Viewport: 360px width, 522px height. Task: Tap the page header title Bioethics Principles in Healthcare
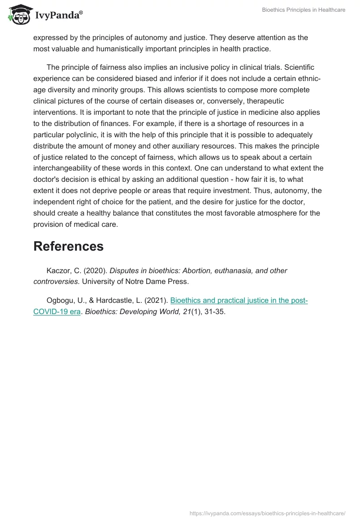(304, 10)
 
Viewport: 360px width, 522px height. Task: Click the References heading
(68, 246)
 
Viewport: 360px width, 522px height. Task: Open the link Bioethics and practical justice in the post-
(239, 301)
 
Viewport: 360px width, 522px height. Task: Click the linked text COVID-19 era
(57, 311)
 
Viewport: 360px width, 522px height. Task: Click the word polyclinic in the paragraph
(83, 135)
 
